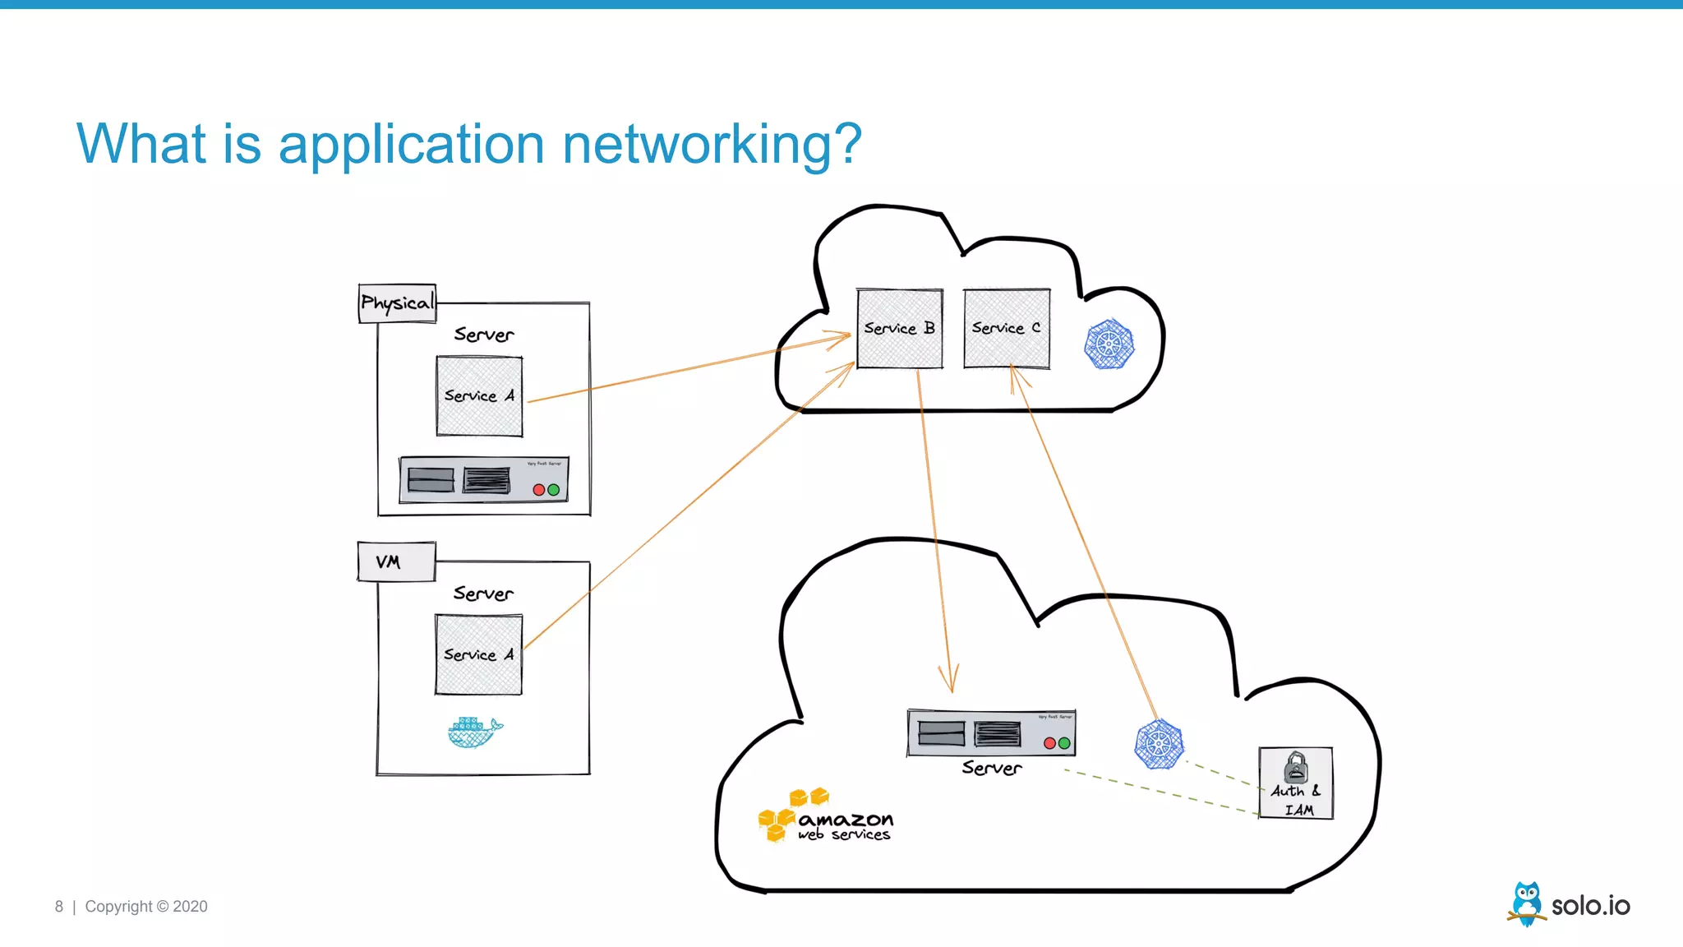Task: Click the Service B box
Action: pos(899,329)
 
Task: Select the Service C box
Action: pos(1006,329)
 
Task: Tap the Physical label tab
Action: pos(397,303)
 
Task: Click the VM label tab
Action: pos(395,562)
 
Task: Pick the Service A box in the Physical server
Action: pos(479,396)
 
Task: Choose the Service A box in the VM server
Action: pos(478,655)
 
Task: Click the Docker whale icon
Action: pos(474,732)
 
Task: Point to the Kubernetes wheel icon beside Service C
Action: pos(1109,344)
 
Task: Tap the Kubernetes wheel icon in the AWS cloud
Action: pos(1159,745)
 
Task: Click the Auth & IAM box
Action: pos(1295,783)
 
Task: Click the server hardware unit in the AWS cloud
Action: pos(991,733)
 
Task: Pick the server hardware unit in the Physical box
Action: pos(483,480)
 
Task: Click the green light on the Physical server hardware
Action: pos(554,490)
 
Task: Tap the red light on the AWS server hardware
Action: pos(1049,743)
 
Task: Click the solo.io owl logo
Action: pos(1527,903)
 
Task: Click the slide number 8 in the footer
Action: pos(58,907)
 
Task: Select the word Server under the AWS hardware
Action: pos(991,769)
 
